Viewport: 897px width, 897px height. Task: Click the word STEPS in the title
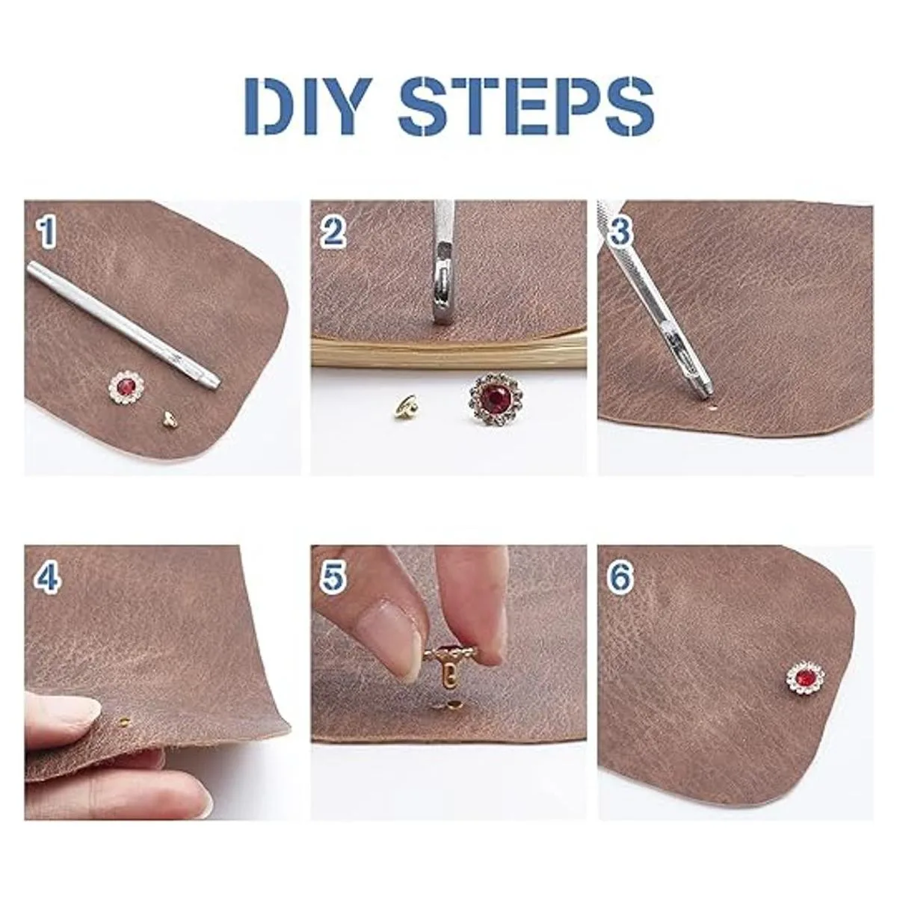[x=526, y=107]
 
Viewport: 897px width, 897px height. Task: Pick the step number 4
[x=48, y=577]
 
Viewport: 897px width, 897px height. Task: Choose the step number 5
[x=333, y=577]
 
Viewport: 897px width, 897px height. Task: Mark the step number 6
[x=620, y=577]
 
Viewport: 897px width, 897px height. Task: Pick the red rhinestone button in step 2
[x=492, y=398]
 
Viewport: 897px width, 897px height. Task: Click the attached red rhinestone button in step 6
[x=805, y=676]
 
